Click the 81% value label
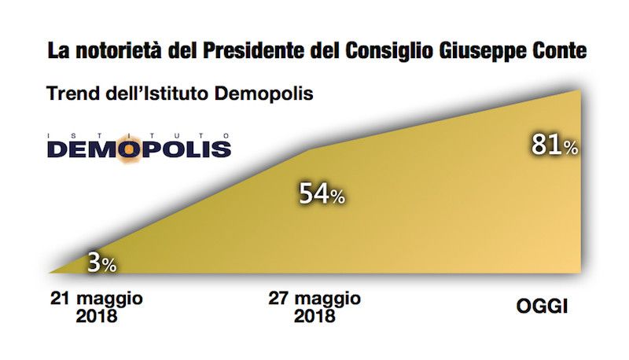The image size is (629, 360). [x=554, y=145]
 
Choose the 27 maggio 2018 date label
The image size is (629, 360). [x=314, y=307]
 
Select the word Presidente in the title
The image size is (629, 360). [x=248, y=52]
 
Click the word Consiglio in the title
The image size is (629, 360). [x=377, y=52]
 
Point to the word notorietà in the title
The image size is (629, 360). [x=117, y=52]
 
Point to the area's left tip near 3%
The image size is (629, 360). [x=50, y=271]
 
